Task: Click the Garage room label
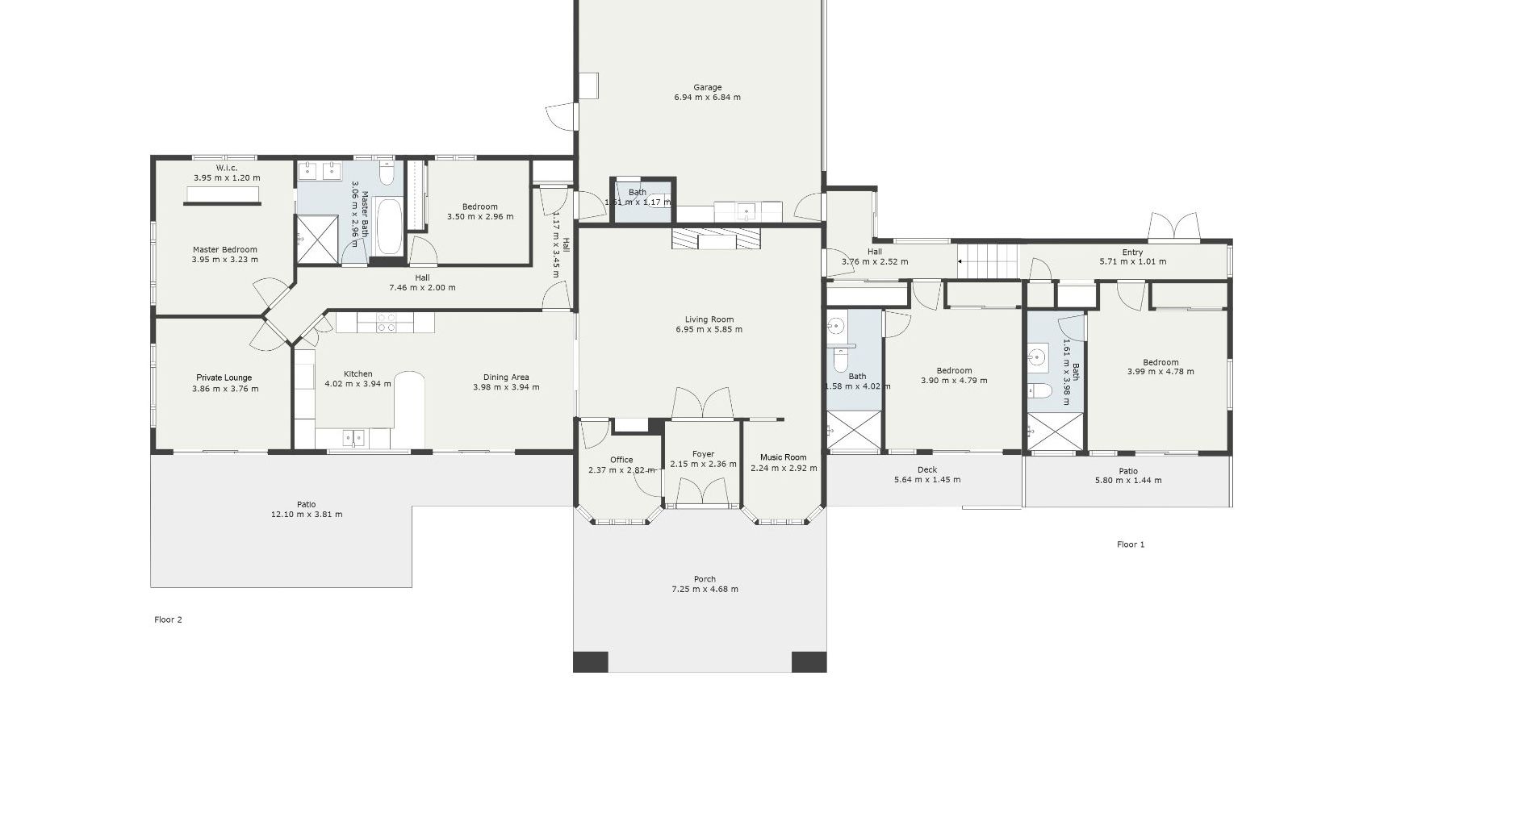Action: pyautogui.click(x=707, y=87)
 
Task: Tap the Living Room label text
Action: pyautogui.click(x=709, y=319)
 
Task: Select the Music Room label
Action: pyautogui.click(x=783, y=457)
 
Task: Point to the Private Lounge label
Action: pyautogui.click(x=224, y=377)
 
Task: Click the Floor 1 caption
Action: pyautogui.click(x=1130, y=544)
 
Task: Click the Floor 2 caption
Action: pyautogui.click(x=168, y=619)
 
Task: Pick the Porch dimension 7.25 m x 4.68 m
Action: pyautogui.click(x=705, y=589)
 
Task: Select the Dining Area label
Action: pyautogui.click(x=506, y=377)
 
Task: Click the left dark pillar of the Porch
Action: pyautogui.click(x=590, y=661)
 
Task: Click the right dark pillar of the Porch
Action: pyautogui.click(x=809, y=661)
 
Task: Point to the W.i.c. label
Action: pyautogui.click(x=226, y=168)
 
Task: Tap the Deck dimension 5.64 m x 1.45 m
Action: pyautogui.click(x=926, y=480)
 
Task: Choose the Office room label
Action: pyautogui.click(x=621, y=460)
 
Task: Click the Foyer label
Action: pyautogui.click(x=703, y=454)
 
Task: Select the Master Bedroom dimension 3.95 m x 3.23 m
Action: pyautogui.click(x=224, y=260)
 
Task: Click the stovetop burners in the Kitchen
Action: pyautogui.click(x=387, y=323)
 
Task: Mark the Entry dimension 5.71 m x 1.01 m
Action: pyautogui.click(x=1132, y=261)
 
